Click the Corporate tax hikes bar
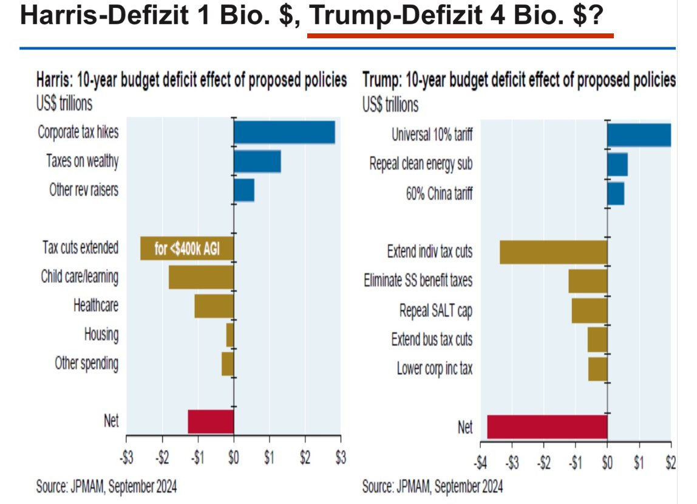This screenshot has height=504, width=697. [x=285, y=132]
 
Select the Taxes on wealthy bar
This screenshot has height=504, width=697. [x=257, y=162]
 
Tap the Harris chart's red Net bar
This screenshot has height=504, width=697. [x=211, y=421]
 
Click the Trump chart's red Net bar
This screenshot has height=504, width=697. [x=547, y=427]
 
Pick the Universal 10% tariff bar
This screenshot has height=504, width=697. [x=639, y=135]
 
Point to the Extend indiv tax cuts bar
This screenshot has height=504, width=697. [x=554, y=252]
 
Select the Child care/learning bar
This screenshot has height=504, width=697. [x=202, y=278]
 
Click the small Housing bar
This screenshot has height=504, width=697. [x=230, y=335]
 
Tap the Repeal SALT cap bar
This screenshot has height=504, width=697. [x=590, y=311]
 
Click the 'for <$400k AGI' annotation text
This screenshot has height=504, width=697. [x=187, y=248]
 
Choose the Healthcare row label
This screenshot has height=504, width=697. [x=96, y=306]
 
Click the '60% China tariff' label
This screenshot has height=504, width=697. [x=439, y=194]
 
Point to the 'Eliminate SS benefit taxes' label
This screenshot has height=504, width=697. [x=418, y=281]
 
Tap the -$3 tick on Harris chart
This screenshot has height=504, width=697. [x=127, y=457]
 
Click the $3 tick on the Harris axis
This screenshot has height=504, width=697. [x=341, y=457]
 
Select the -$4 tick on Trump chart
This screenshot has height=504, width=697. [x=480, y=463]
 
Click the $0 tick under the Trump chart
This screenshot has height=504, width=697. [x=607, y=463]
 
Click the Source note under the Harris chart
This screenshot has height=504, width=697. [x=106, y=486]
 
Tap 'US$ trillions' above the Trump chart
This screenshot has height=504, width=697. [x=390, y=105]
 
